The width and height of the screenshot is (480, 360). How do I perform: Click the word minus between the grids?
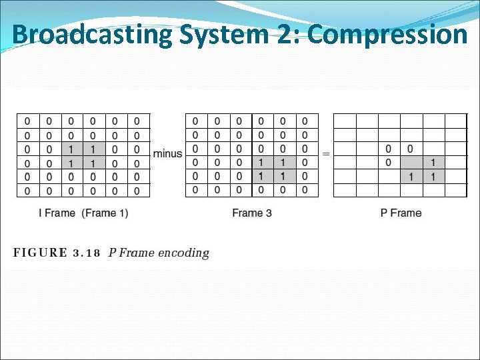pos(167,154)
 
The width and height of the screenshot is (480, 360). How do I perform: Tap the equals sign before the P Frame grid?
pos(326,154)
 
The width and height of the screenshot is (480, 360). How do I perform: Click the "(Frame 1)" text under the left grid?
pos(105,213)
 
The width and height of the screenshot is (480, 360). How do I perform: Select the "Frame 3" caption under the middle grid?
pos(252,213)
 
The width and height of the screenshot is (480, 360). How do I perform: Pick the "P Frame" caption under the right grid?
pos(401,213)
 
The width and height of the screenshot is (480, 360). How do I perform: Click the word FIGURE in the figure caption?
pos(40,253)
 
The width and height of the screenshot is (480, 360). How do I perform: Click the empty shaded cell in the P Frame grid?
pos(411,162)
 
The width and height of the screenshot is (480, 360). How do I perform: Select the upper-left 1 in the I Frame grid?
pos(71,149)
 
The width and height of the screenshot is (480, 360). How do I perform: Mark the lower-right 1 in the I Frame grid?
pos(93,163)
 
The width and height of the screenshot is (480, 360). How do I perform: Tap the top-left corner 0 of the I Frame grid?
pos(27,121)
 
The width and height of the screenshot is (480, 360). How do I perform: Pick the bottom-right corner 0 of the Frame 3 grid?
pos(305,191)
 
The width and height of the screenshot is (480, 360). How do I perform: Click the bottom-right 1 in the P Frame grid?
pos(433,177)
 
